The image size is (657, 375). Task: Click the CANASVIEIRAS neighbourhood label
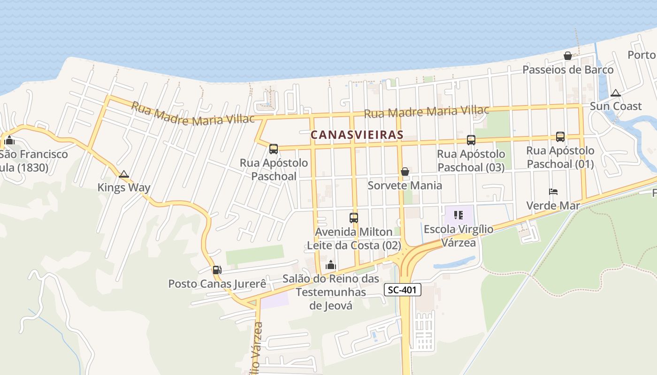click(357, 135)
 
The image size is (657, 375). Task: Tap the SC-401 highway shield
click(403, 290)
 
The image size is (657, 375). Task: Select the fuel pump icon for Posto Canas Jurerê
click(217, 270)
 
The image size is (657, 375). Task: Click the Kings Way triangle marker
click(124, 174)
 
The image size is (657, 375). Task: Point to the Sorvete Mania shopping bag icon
click(405, 172)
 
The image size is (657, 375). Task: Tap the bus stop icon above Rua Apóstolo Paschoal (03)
click(471, 140)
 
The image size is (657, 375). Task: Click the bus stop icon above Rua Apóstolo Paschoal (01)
click(560, 137)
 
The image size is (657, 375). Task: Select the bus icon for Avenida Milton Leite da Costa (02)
click(354, 218)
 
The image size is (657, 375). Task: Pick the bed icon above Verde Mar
click(553, 192)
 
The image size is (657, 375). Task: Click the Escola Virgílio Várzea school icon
click(458, 216)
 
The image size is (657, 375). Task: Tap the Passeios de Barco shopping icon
click(568, 56)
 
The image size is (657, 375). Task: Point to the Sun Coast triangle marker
click(616, 93)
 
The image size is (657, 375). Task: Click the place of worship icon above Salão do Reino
click(331, 265)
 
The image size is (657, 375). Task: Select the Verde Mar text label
click(553, 205)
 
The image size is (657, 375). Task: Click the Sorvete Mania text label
click(405, 185)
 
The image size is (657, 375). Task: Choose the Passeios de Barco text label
click(568, 70)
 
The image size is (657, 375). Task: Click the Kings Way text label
click(124, 187)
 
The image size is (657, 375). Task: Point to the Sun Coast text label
click(615, 106)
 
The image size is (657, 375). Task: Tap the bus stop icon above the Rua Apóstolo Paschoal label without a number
click(274, 150)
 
